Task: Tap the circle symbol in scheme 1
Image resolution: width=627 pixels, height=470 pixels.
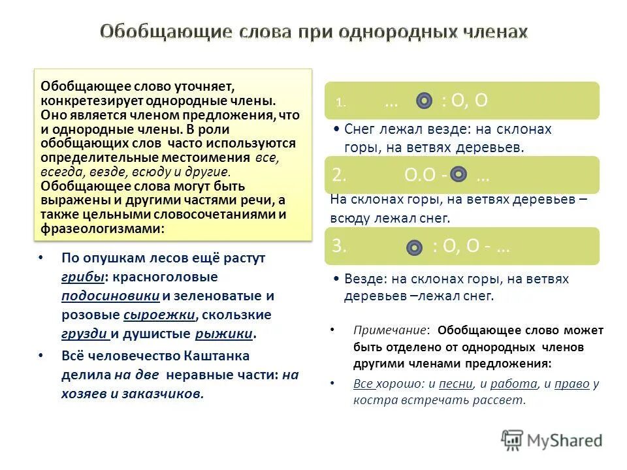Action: [x=425, y=101]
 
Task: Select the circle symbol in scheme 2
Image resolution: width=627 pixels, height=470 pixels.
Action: [x=459, y=174]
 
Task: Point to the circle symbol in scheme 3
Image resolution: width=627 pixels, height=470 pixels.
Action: [x=414, y=247]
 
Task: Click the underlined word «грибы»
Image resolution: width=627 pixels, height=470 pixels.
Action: [x=84, y=277]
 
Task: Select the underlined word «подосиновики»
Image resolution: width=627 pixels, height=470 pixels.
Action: [x=111, y=296]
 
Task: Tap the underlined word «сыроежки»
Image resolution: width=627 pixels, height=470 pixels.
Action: [x=159, y=315]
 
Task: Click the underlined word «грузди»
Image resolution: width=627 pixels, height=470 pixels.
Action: [x=84, y=334]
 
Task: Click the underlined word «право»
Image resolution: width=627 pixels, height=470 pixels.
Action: [x=572, y=383]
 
